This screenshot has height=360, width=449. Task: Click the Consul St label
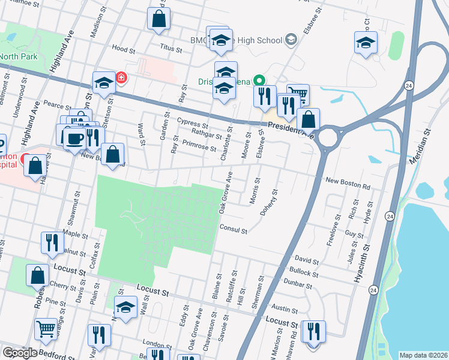pos(234,228)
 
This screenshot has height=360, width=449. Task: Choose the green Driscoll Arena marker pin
pos(259,80)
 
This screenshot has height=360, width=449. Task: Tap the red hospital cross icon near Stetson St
pos(121,78)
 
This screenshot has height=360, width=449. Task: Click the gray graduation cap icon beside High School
pos(291,41)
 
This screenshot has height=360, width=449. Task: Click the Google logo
pos(19,352)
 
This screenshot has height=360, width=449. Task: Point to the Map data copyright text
pos(423,355)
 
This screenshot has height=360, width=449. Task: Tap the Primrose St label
pos(200,145)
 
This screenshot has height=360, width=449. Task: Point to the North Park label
pos(19,57)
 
